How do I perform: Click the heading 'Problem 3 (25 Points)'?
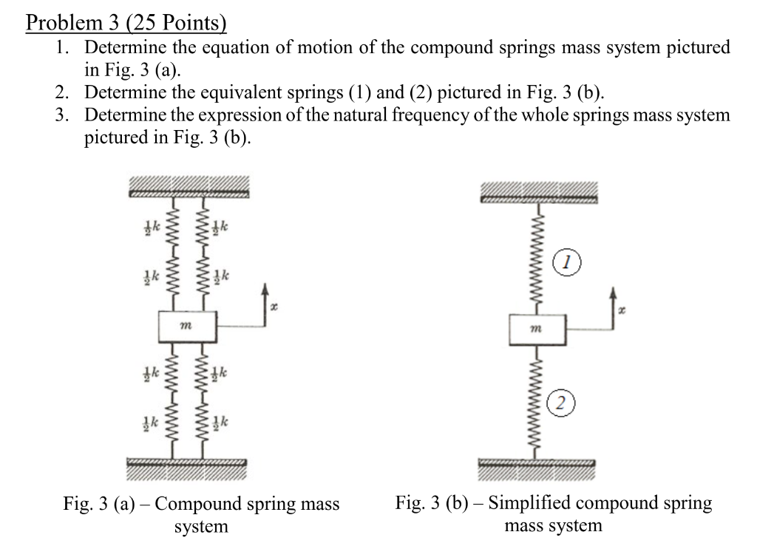pos(126,23)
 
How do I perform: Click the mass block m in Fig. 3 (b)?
pos(537,329)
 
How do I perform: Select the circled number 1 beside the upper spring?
pos(566,262)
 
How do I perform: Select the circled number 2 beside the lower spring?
pos(562,403)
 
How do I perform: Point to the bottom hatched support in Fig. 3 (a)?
pos(186,467)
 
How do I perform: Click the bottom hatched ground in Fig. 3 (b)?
pos(537,466)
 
